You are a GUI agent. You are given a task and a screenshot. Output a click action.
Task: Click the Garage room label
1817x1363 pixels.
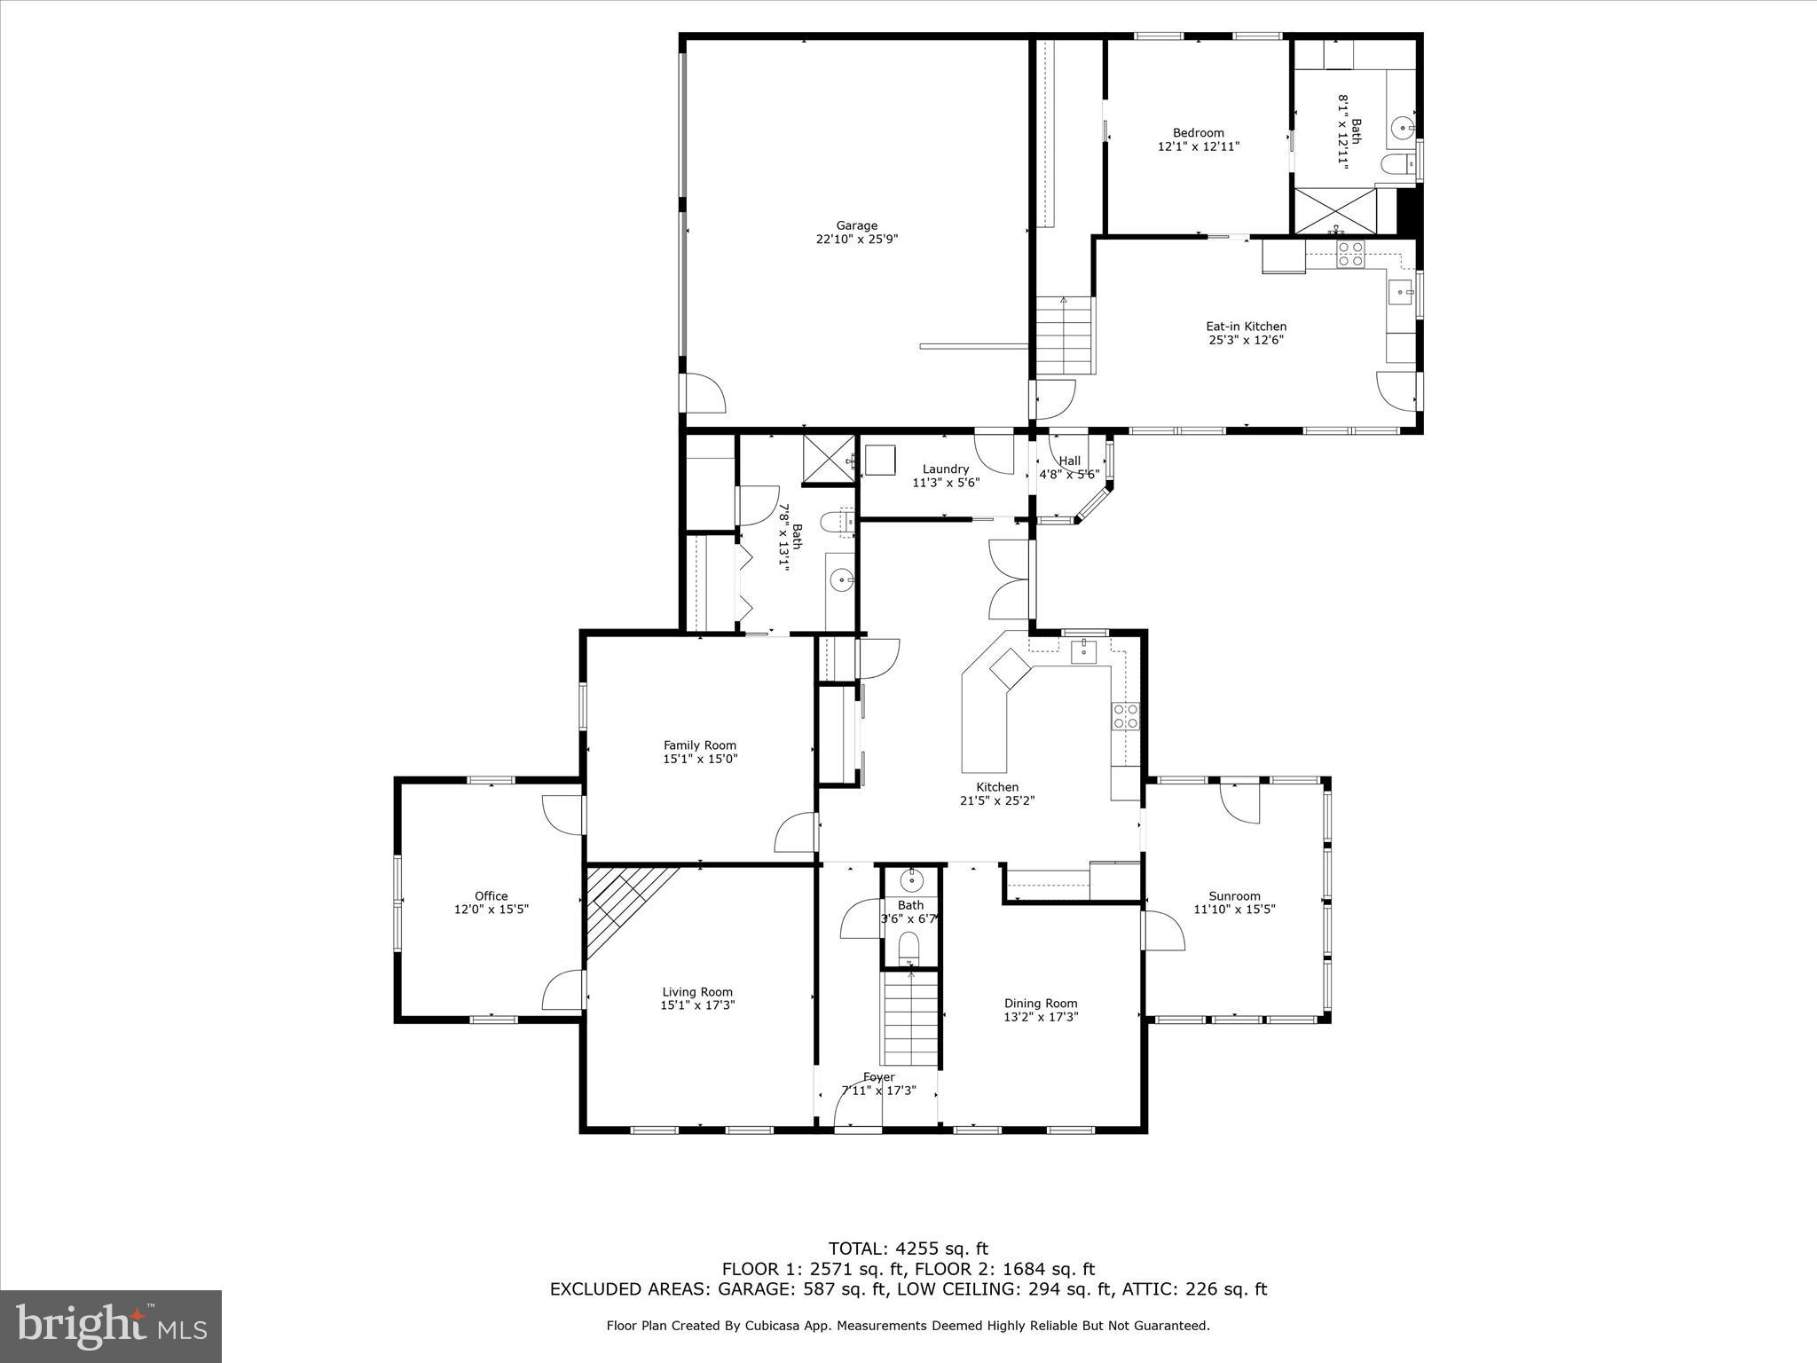(x=856, y=225)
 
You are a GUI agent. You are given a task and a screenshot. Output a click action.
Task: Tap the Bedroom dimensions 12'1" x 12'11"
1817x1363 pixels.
(x=1198, y=146)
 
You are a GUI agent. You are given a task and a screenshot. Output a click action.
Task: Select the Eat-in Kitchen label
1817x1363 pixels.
(x=1246, y=327)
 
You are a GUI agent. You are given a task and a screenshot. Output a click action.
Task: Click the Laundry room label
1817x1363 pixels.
(x=945, y=469)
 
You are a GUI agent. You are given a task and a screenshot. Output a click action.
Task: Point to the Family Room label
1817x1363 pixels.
(x=700, y=745)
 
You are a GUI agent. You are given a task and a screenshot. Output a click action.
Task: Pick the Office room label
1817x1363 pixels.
(x=491, y=896)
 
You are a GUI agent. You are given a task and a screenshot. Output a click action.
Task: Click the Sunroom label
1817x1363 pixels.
(x=1234, y=896)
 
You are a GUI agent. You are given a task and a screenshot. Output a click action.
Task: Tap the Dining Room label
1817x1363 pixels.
(x=1041, y=1004)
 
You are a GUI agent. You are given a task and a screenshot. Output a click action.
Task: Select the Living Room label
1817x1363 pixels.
(x=697, y=992)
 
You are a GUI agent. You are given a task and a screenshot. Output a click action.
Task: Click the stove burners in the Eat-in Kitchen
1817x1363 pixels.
(x=1350, y=254)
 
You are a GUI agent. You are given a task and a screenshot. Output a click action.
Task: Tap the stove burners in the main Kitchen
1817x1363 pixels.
(x=1125, y=716)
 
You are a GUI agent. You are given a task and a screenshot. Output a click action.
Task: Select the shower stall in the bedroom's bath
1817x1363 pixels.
(x=1334, y=209)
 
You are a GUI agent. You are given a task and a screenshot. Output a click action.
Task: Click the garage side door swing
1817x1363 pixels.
(x=704, y=393)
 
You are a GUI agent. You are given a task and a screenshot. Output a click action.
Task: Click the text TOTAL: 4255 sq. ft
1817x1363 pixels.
(x=908, y=1249)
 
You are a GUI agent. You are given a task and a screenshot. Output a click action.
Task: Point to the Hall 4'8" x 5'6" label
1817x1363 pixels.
(x=1070, y=461)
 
